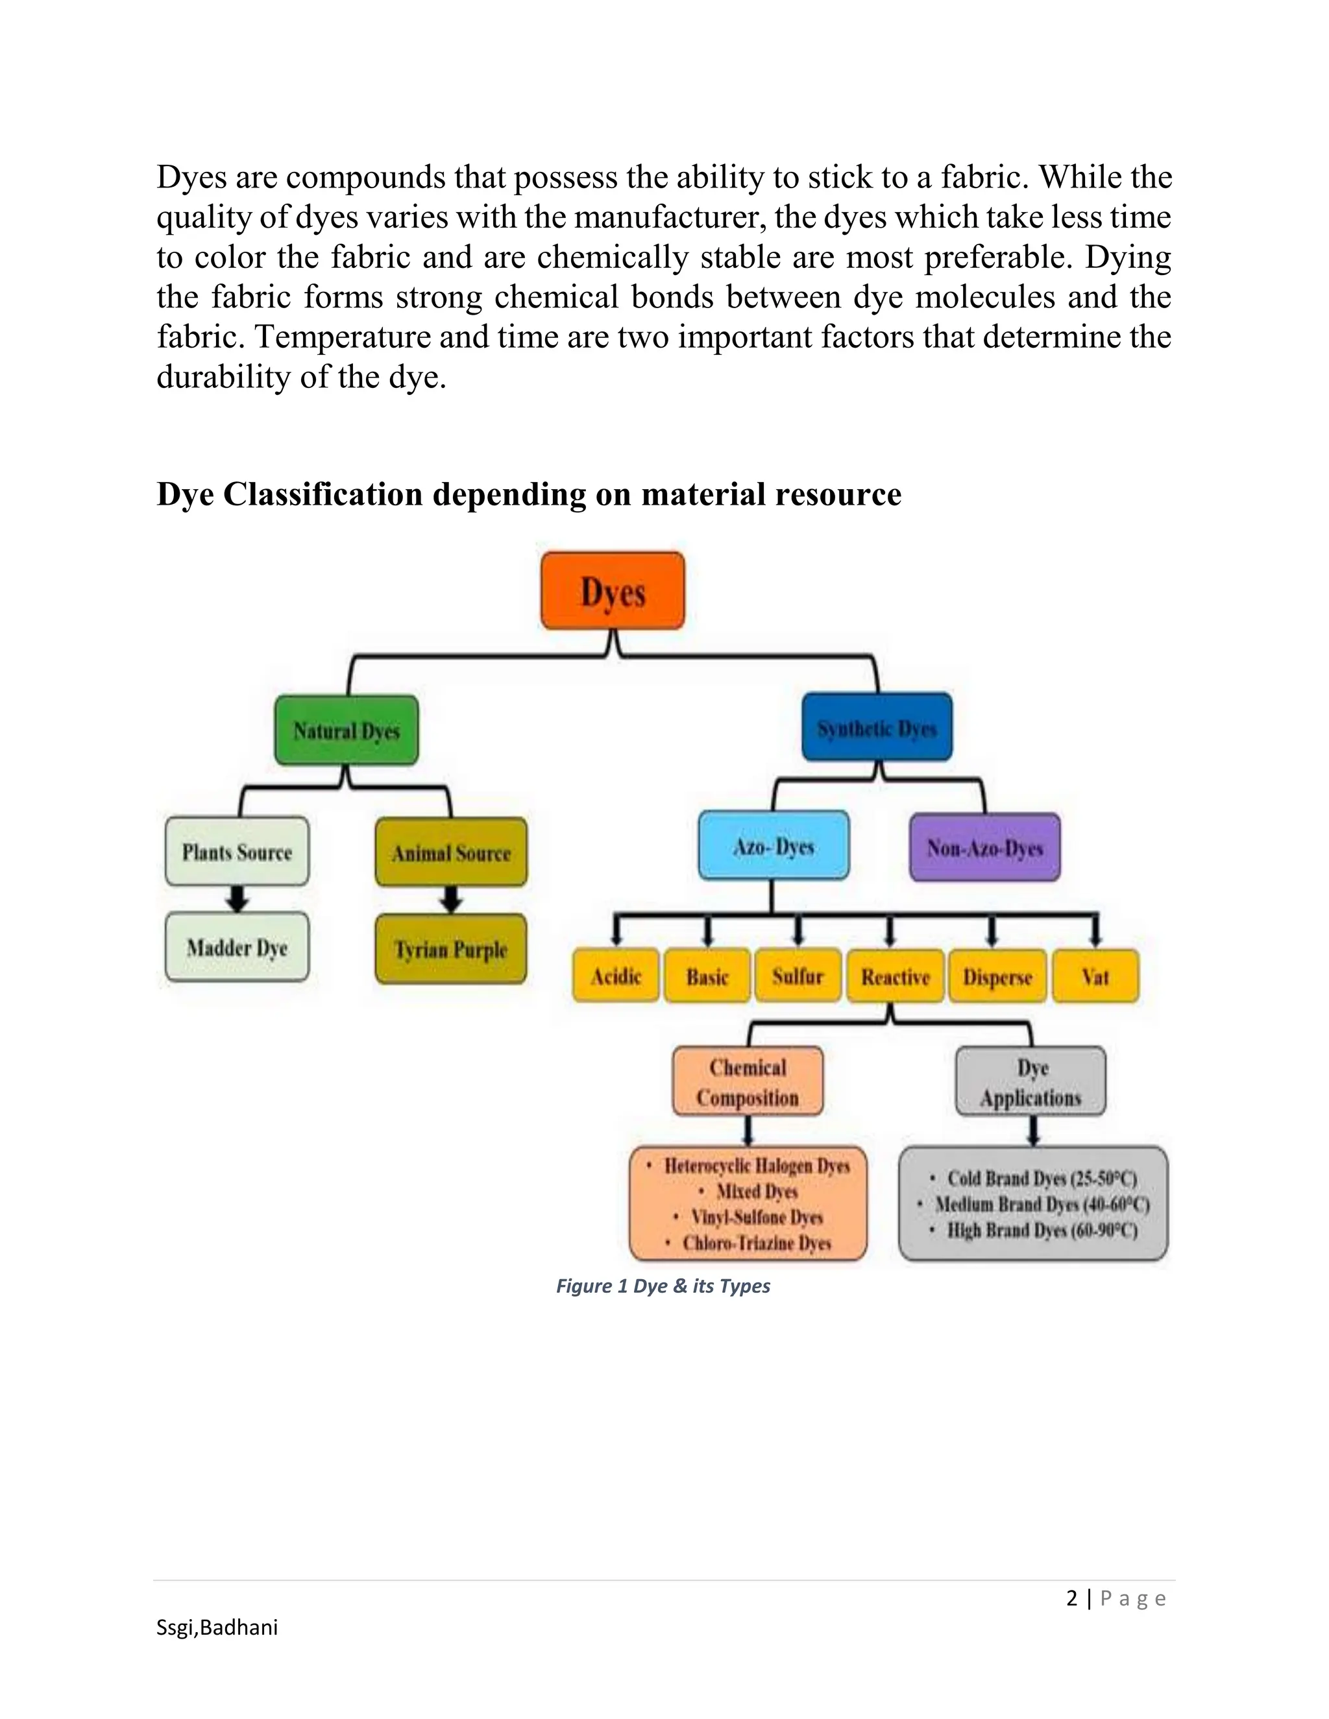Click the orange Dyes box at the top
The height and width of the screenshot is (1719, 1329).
coord(613,591)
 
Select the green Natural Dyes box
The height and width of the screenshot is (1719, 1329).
coord(347,730)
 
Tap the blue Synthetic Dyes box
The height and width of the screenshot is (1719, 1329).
coord(876,728)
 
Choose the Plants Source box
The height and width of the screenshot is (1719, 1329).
coord(237,852)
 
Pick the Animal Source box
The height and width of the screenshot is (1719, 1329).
coord(451,852)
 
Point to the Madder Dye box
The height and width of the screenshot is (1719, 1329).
coord(237,947)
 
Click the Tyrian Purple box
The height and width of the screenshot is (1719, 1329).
coord(450,949)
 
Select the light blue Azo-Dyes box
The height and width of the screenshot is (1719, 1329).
coord(773,846)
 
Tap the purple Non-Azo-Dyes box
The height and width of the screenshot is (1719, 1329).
coord(984,848)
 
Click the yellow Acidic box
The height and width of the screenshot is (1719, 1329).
coord(616,977)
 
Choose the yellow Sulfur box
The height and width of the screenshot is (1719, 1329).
coord(798,977)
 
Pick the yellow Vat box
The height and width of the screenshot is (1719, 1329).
coord(1095,977)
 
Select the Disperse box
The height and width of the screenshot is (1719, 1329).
coord(997,977)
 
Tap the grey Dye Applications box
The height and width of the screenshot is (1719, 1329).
coord(1030,1082)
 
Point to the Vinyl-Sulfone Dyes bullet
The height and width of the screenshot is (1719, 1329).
coord(757,1217)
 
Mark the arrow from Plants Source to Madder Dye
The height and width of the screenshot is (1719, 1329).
coord(237,898)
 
